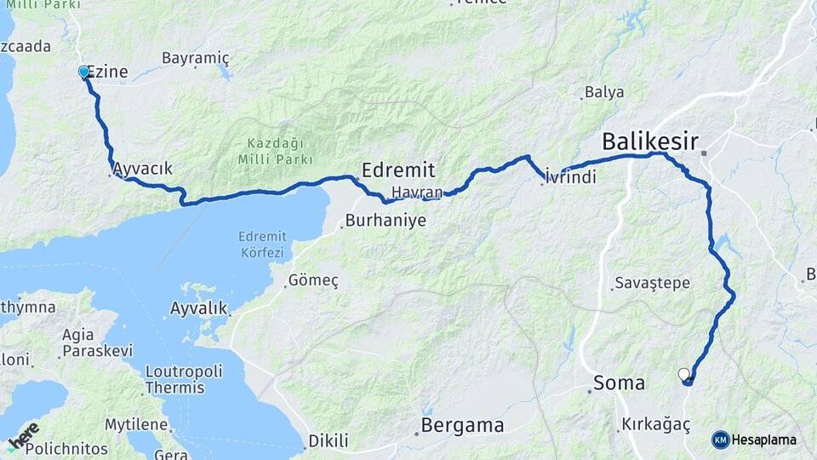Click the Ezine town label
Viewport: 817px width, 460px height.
coord(108,72)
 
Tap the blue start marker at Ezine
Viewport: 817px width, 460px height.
coord(83,72)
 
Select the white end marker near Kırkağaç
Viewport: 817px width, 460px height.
coord(683,374)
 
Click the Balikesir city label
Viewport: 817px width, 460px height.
coord(650,141)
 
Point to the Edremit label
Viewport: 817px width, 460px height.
coord(398,169)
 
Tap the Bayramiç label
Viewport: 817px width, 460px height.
coord(196,58)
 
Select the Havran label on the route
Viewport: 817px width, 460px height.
coord(417,192)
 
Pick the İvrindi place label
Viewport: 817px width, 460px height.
coord(570,177)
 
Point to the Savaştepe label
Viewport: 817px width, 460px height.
coord(652,284)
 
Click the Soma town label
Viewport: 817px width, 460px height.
coord(620,383)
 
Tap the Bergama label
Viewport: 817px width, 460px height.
coord(464,425)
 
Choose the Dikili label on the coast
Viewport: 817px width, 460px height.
coord(329,440)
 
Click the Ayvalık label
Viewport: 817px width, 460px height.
coord(198,308)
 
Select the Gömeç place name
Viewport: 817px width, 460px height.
coord(313,280)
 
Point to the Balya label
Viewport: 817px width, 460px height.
coord(604,92)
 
